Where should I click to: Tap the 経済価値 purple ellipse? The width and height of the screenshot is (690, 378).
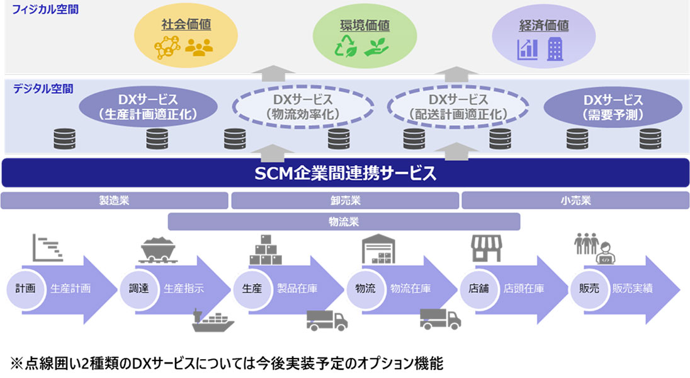click(544, 36)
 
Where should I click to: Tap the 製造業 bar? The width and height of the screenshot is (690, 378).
click(114, 201)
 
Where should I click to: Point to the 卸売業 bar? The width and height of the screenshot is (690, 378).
click(345, 201)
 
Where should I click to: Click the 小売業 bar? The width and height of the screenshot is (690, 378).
click(575, 201)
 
